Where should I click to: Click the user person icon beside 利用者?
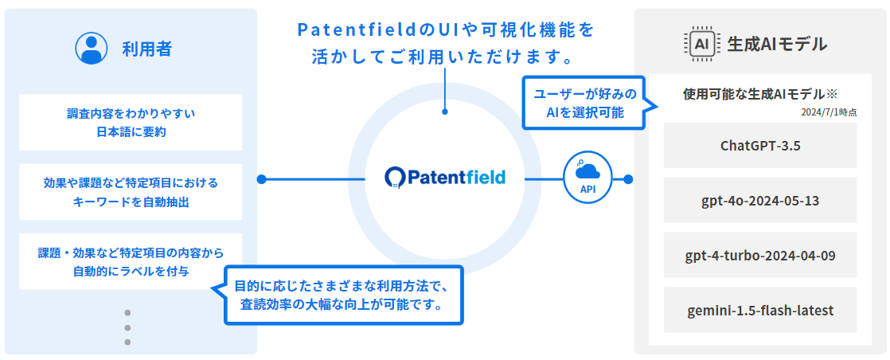pos(91,48)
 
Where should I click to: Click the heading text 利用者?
pos(146,49)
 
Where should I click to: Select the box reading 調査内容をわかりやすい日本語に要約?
pos(131,122)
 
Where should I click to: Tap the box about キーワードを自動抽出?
pos(131,192)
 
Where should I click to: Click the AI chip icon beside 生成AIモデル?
pos(701,44)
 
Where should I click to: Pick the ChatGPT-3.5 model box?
pos(759,145)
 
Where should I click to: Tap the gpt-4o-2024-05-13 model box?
pos(759,200)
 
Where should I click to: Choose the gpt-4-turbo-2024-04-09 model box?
pos(759,255)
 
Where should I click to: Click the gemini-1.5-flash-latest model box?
pos(759,310)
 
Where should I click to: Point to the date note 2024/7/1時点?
pos(829,112)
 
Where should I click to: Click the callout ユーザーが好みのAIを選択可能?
pos(584,104)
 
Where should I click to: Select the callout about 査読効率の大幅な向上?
pos(343,295)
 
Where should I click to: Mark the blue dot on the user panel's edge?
pos(261,178)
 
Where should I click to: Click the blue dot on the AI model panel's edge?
pos(629,178)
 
